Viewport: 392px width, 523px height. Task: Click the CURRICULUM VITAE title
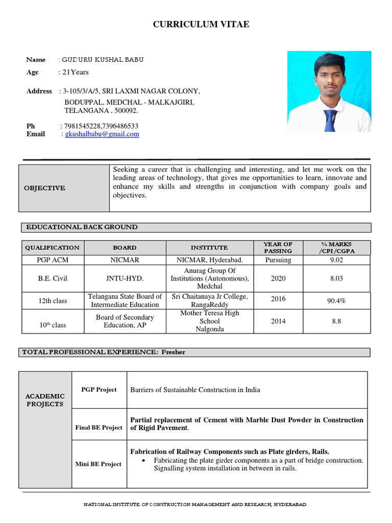coord(202,25)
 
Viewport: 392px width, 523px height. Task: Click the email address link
coord(102,134)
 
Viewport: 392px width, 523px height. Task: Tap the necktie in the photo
coord(330,120)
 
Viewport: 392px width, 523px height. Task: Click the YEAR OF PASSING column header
coord(278,248)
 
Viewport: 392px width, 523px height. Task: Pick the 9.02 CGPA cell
coord(336,260)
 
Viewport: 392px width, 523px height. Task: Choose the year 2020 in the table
coord(279,279)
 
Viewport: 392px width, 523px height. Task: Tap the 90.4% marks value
coord(336,301)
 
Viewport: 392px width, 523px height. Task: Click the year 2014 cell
coord(279,321)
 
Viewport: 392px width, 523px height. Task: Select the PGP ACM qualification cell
coord(53,260)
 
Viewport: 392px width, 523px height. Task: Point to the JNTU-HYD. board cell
coord(125,279)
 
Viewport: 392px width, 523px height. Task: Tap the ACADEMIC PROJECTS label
coord(45,400)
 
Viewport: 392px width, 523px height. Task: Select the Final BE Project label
coord(99,427)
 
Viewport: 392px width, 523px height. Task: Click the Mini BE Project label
coord(99,464)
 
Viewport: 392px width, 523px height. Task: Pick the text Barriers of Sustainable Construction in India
coord(195,390)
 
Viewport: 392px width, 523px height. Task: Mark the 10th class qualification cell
coord(53,325)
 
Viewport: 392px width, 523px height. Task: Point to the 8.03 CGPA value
coord(336,279)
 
